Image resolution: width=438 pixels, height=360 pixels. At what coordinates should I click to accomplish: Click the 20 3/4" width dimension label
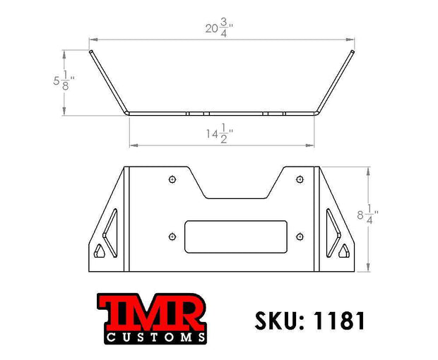pos(219,28)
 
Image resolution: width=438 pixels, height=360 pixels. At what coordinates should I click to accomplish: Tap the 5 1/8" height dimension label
pos(64,80)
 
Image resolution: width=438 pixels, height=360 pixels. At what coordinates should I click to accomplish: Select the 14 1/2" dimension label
pos(220,134)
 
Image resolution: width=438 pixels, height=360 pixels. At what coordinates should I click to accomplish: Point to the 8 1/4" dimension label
pos(367,215)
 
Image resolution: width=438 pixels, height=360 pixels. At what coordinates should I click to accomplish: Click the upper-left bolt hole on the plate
pos(172,179)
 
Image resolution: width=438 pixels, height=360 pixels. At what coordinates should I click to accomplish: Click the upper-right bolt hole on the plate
pos(300,179)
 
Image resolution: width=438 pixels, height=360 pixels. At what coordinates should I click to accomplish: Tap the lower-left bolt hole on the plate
pos(172,237)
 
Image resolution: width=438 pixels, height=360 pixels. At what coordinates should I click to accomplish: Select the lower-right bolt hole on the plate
pos(300,237)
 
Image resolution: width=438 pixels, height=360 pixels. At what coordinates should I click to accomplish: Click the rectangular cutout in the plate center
pos(236,236)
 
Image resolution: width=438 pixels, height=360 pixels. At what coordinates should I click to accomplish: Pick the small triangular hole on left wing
pos(99,251)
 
